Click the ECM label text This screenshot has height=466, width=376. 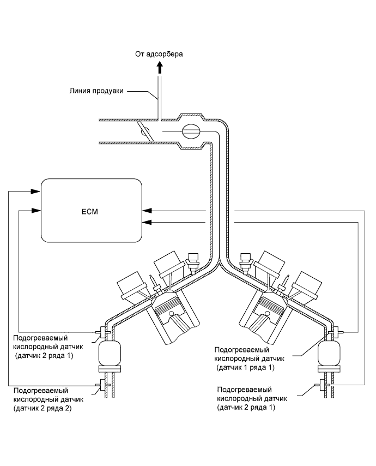[89, 212]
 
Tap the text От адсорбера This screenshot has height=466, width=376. [159, 54]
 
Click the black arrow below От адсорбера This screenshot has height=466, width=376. [160, 68]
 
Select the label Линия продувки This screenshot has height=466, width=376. [96, 91]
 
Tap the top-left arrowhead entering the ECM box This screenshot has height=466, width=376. [35, 192]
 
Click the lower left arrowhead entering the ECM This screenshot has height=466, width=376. [35, 211]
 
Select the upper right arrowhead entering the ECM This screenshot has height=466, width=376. [147, 211]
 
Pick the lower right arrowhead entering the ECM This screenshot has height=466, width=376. [147, 222]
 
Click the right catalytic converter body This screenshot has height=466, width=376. [329, 354]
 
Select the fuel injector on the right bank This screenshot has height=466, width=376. [246, 262]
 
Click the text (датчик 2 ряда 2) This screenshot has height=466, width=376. [43, 408]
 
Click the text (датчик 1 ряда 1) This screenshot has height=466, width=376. [245, 368]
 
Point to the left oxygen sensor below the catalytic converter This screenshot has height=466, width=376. [104, 385]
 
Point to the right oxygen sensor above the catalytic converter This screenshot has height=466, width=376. [336, 332]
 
